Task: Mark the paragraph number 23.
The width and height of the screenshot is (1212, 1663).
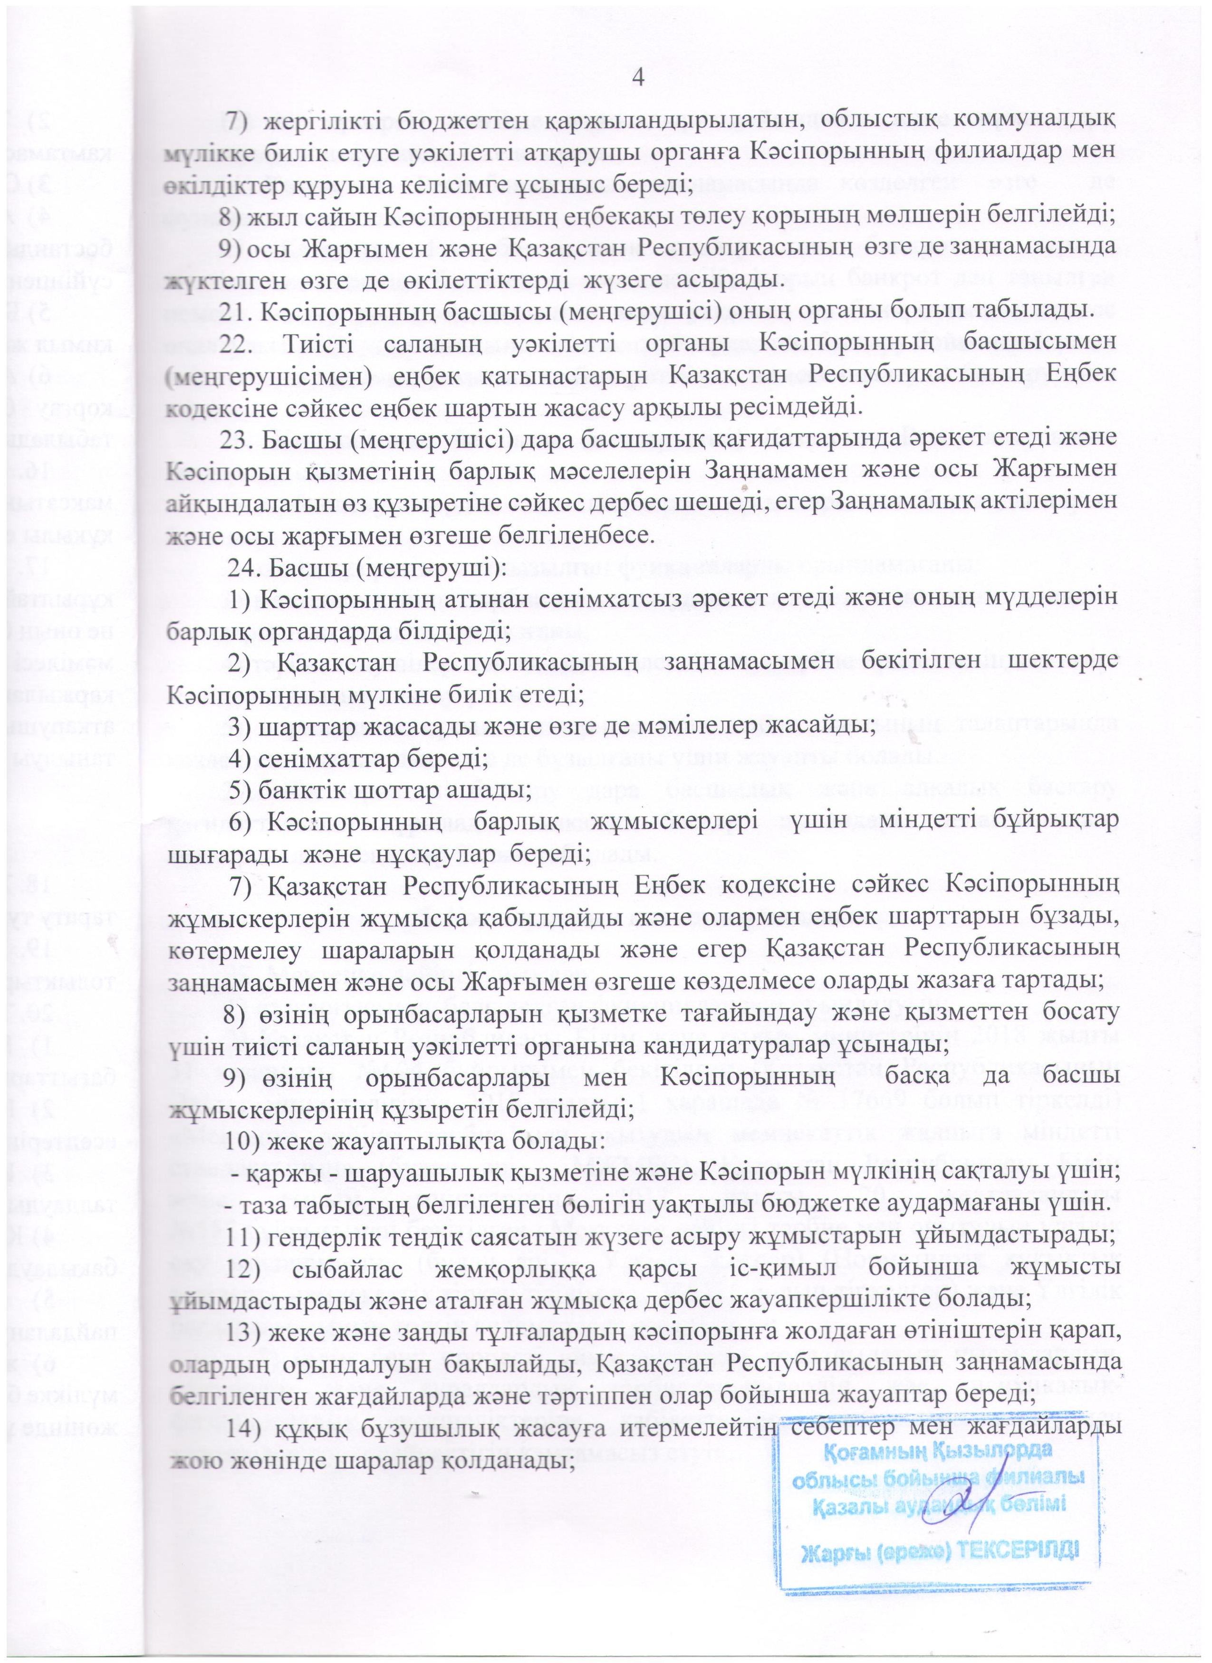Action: [x=239, y=439]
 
